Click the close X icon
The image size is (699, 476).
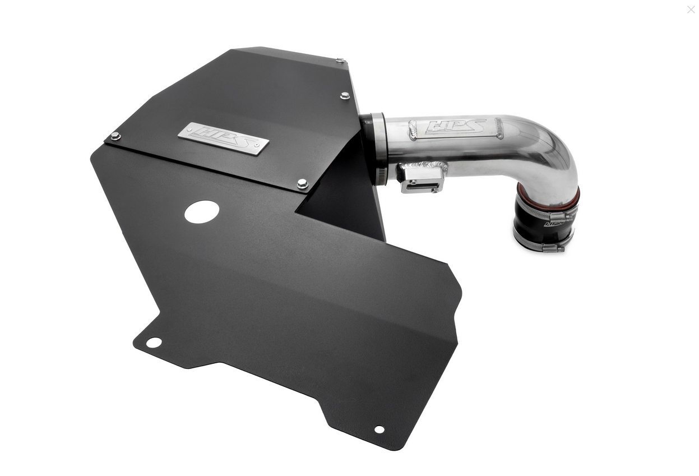691,10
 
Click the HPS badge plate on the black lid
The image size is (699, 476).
223,138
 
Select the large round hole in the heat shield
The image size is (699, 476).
202,212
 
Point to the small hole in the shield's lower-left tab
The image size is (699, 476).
154,342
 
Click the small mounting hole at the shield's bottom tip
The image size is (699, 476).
379,429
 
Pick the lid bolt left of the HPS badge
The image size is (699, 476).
115,136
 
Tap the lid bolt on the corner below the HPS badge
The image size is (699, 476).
302,183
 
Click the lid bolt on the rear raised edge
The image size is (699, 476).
340,61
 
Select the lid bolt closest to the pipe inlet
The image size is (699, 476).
345,96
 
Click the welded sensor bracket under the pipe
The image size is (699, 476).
422,178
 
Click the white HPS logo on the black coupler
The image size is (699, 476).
554,224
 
